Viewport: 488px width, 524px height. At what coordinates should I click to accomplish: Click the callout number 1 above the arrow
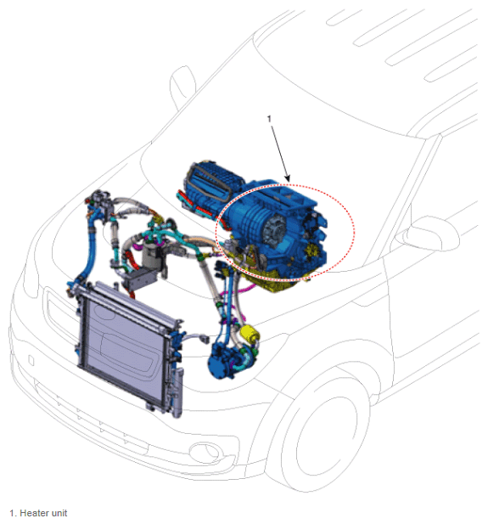point(269,119)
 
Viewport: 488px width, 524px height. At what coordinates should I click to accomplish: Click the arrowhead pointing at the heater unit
point(288,178)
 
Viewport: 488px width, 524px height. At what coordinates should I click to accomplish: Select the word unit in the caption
point(59,513)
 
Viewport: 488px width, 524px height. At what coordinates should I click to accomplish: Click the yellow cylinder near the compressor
point(250,333)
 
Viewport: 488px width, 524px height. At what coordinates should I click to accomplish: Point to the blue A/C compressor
point(231,361)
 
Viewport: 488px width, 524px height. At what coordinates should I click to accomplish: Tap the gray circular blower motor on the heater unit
point(275,231)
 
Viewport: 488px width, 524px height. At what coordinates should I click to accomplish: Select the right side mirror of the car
point(431,234)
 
